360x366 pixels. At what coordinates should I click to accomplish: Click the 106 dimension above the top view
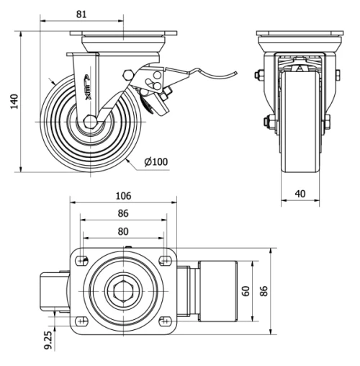click(x=122, y=195)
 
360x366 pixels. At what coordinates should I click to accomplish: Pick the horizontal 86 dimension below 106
click(x=122, y=213)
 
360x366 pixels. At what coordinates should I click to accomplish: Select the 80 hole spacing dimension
click(x=122, y=231)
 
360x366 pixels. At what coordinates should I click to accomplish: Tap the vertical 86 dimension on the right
click(x=264, y=291)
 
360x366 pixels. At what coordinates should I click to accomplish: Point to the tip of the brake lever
click(x=235, y=72)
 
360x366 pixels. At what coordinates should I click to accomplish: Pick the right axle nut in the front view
click(x=328, y=120)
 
